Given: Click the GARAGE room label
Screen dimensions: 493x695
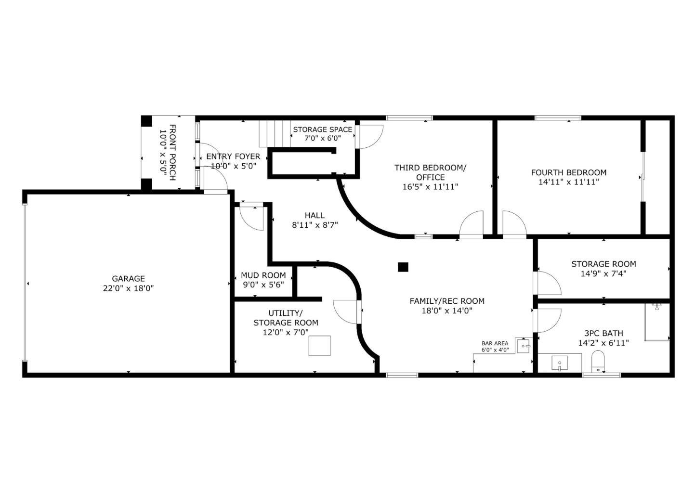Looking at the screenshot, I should click(x=128, y=278).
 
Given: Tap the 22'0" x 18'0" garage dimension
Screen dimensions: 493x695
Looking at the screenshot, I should click(x=128, y=288).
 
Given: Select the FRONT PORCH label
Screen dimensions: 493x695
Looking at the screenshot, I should click(x=168, y=152).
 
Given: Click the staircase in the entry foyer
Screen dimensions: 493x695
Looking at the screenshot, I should click(x=275, y=133).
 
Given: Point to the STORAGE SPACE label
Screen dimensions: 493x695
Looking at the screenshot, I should click(x=322, y=129).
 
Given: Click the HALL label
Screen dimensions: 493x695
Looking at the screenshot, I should click(x=315, y=215).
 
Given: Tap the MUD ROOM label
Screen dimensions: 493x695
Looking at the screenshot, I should click(x=263, y=275).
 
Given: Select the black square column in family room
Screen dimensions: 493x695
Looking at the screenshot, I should click(x=403, y=267).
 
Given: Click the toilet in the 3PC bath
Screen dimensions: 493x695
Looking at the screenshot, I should click(x=597, y=361).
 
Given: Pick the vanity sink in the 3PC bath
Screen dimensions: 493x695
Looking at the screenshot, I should click(x=559, y=363).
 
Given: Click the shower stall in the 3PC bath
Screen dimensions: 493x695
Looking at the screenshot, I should click(x=657, y=322).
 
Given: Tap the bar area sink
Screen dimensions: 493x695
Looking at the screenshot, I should click(x=523, y=345).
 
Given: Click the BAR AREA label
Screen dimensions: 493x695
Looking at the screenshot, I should click(x=495, y=343).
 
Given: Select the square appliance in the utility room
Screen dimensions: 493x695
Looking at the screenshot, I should click(x=319, y=346).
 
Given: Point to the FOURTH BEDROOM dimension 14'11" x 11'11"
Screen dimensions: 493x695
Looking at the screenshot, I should click(x=568, y=182).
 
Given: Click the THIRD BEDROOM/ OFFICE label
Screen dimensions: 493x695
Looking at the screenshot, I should click(x=430, y=172).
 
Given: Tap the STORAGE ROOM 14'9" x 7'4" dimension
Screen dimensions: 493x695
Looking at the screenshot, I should click(x=603, y=273).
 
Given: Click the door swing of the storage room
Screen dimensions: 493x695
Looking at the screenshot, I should click(x=548, y=284).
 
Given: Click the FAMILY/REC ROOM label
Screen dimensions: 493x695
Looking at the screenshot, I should click(x=446, y=301).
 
